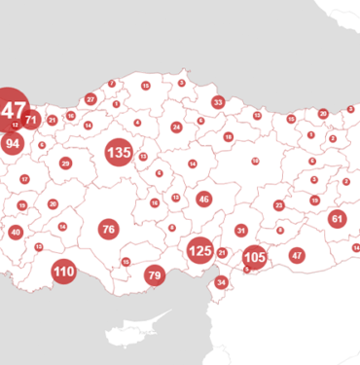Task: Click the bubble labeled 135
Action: [119, 153]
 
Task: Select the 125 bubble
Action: [200, 250]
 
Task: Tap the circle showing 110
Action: [64, 272]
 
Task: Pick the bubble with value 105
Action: [254, 258]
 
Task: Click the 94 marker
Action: [13, 143]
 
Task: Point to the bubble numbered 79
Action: [155, 275]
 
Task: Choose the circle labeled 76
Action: [108, 230]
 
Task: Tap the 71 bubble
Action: [31, 121]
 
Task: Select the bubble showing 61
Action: [337, 219]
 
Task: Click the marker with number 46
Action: [203, 199]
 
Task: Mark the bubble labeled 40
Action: [16, 233]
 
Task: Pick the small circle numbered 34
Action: [222, 282]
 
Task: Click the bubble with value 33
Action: [218, 102]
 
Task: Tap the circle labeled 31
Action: [241, 231]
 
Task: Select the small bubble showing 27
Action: [90, 99]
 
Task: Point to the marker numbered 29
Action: [66, 164]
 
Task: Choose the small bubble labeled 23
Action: [279, 205]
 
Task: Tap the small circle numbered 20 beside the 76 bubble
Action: [53, 204]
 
